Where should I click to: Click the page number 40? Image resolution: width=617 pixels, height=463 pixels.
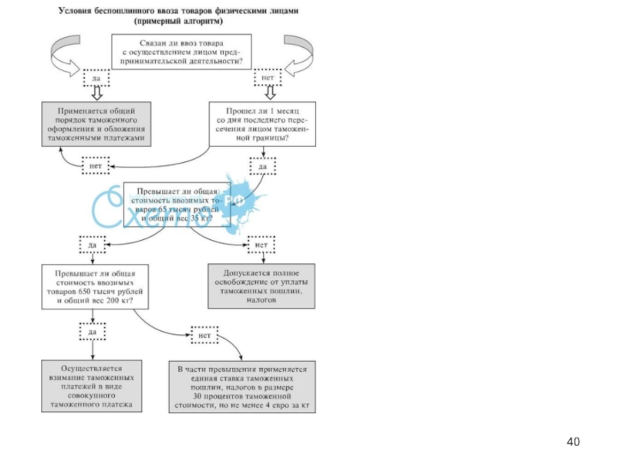click(x=572, y=441)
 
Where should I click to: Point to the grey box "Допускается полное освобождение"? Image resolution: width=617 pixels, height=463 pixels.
click(x=261, y=286)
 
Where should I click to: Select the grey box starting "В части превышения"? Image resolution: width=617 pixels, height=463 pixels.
click(x=241, y=385)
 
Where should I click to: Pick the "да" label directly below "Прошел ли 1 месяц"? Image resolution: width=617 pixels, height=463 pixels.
click(x=262, y=165)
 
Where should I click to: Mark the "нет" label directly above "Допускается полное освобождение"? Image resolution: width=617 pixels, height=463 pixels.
click(x=261, y=245)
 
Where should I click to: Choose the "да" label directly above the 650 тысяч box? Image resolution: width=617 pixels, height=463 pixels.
click(x=92, y=245)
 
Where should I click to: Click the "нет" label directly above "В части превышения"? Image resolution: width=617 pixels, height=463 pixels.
click(x=204, y=336)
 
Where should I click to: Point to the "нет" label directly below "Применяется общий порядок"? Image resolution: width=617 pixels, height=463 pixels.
click(x=96, y=165)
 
